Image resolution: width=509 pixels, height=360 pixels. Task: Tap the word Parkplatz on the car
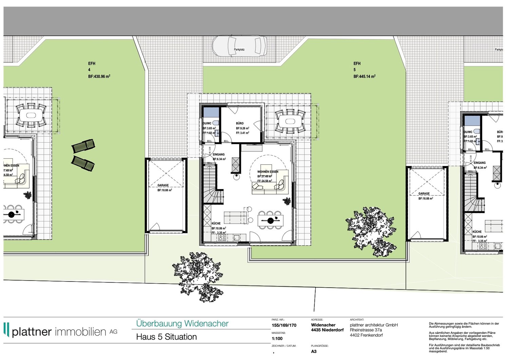(x=239, y=50)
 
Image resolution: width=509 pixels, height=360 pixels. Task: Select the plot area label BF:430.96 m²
(x=99, y=77)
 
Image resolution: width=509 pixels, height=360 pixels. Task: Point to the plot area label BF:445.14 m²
(x=364, y=77)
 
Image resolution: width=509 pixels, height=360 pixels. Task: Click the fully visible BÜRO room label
(x=240, y=123)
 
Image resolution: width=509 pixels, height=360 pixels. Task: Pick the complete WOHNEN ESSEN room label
(x=268, y=172)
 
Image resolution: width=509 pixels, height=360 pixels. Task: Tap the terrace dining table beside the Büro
(x=290, y=121)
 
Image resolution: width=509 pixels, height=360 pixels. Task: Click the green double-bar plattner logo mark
(x=6, y=329)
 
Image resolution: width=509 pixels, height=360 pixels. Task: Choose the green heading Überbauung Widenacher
(x=182, y=324)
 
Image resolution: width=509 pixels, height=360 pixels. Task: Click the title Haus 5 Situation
(x=166, y=337)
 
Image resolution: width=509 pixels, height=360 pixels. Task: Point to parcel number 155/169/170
(x=284, y=325)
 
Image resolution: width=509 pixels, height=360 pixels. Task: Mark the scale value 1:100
(x=277, y=339)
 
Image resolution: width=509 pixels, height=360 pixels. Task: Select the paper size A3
(x=314, y=352)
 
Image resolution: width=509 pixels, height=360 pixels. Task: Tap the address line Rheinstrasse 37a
(x=366, y=330)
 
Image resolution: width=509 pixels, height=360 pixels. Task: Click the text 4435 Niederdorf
(x=327, y=330)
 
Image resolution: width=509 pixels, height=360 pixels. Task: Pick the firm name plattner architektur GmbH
(x=374, y=325)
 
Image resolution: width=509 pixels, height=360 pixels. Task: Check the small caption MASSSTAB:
(x=279, y=333)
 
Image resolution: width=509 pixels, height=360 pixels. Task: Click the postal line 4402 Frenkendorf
(x=366, y=335)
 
